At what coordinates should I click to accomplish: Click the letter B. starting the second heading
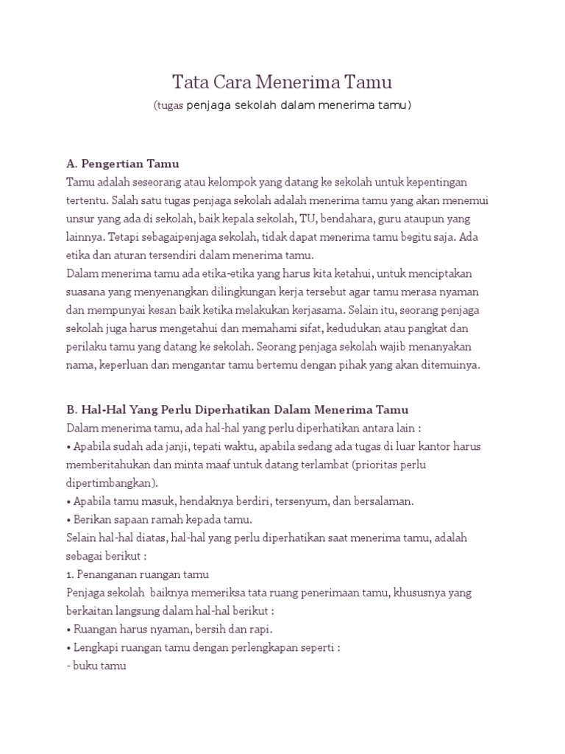[x=72, y=409]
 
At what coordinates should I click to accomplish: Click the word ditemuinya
[x=448, y=364]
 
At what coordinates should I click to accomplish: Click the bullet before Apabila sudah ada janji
[x=69, y=446]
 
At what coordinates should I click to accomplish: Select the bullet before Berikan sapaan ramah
[x=69, y=520]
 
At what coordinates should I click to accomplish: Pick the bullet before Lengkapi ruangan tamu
[x=69, y=648]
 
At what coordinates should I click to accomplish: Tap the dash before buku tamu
[x=68, y=666]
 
